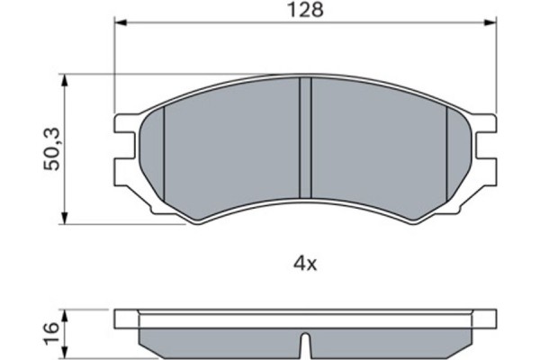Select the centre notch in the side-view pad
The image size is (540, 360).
pyautogui.click(x=305, y=345)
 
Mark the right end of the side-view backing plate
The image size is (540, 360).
pyautogui.click(x=494, y=319)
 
